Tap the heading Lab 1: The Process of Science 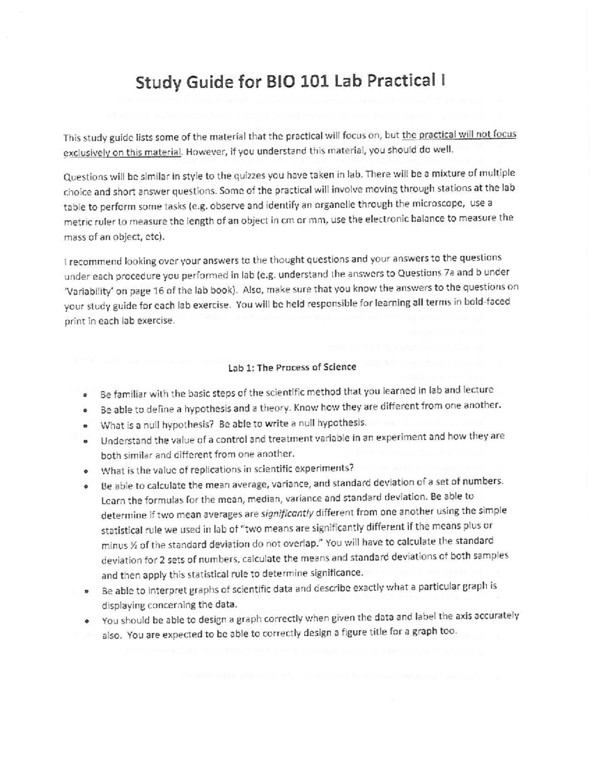click(x=292, y=367)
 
